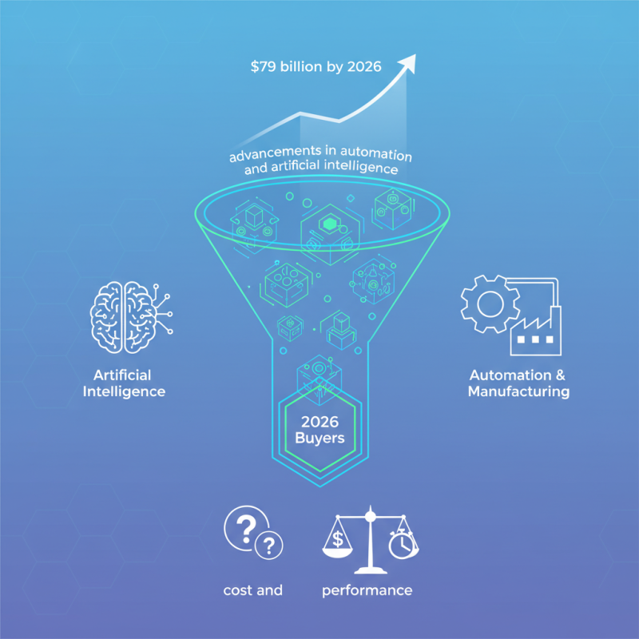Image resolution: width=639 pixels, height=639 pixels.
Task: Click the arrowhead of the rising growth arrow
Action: tap(408, 63)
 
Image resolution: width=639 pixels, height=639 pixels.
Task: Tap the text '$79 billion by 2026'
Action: tap(316, 66)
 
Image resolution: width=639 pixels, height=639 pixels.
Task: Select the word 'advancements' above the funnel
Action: tap(276, 153)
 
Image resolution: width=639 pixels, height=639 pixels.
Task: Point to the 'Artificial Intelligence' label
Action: tap(124, 383)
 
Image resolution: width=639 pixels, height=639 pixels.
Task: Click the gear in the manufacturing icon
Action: tap(490, 304)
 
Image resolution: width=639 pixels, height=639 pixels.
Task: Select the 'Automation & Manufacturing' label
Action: tap(518, 383)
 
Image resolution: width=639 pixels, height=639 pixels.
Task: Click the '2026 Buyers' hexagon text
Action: tap(320, 430)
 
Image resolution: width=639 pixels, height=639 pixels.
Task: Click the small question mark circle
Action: tap(268, 545)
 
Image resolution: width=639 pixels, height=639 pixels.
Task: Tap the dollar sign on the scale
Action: tap(338, 538)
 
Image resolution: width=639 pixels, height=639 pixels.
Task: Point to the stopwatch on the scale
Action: tap(403, 544)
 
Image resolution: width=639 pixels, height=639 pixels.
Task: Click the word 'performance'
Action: tap(367, 590)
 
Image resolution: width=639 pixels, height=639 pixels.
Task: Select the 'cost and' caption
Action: tap(253, 590)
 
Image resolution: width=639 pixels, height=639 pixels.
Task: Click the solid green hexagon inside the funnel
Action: tap(328, 224)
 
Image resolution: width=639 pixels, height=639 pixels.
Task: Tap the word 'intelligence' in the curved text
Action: tap(361, 167)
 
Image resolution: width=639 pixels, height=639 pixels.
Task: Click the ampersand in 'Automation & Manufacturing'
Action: tap(560, 375)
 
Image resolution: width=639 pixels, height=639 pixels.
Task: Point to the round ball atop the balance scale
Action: tap(370, 516)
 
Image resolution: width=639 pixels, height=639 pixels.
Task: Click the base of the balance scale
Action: tap(371, 570)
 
